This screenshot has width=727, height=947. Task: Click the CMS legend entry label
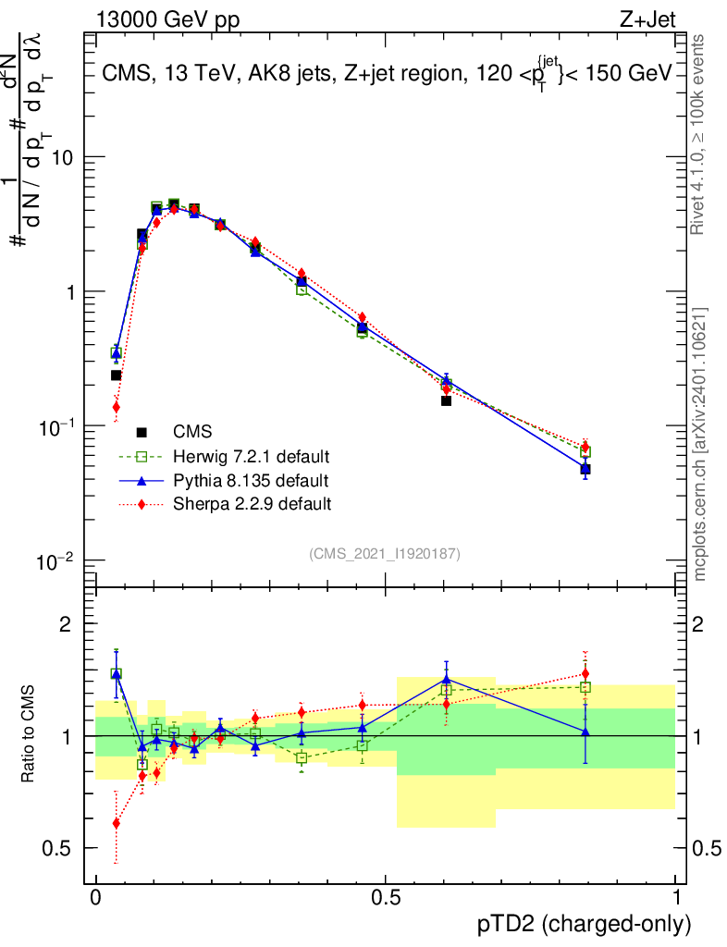coord(192,432)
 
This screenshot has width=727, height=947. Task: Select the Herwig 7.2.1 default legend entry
coord(252,457)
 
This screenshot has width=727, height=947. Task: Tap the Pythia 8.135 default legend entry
coord(251,481)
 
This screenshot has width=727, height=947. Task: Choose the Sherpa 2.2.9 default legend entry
coord(252,504)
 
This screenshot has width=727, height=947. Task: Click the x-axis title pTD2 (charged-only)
coord(584,925)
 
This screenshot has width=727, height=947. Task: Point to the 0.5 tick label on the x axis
coord(386,897)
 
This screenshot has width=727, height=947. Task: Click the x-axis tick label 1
coord(676,897)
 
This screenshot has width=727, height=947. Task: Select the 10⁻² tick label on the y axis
coord(55,561)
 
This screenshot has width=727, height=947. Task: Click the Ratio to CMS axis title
coord(28,733)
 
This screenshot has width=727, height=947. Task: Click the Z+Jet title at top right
coord(647,19)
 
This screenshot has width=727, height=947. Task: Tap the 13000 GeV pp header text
coord(167,20)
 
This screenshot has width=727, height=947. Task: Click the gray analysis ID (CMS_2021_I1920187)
coord(385,554)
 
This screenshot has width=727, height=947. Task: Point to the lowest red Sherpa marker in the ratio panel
coord(116,823)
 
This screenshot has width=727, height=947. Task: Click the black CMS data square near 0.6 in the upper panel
coord(446,400)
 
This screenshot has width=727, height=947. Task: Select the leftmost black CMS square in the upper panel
coord(116,375)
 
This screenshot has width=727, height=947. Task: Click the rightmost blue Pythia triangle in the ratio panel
coord(585,732)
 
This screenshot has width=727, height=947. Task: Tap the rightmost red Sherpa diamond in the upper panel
coord(585,447)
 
